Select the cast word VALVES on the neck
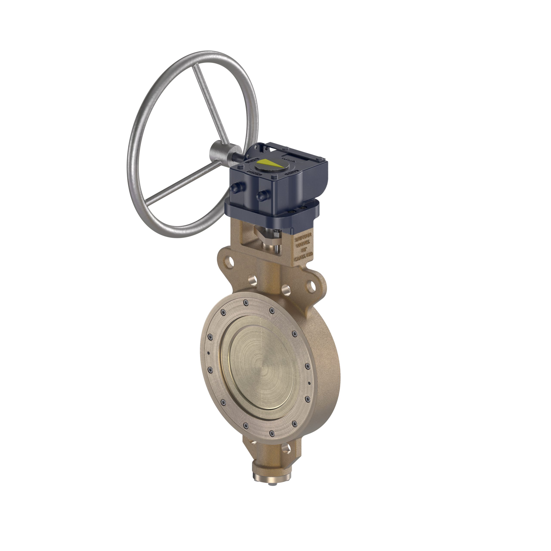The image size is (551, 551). click(x=304, y=245)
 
